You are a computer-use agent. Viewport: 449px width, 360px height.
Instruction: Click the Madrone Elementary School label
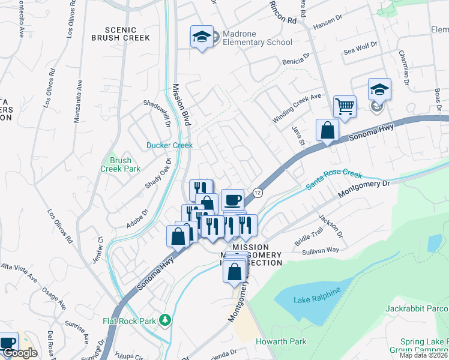257,38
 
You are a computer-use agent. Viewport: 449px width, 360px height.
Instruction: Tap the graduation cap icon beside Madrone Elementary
202,37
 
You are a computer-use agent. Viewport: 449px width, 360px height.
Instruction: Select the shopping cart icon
345,107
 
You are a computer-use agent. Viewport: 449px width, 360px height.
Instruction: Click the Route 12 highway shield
258,193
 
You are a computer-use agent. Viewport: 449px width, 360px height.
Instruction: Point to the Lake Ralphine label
317,290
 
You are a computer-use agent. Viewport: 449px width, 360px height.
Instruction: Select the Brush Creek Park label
120,164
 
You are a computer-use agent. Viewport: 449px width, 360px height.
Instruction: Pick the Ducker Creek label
170,145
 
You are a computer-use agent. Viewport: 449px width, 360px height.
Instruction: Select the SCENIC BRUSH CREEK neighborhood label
119,33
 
